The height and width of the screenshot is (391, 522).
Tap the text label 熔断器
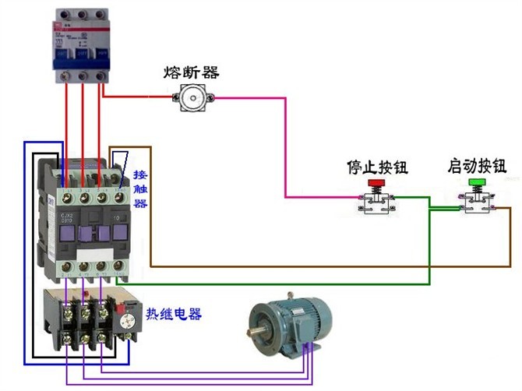(191, 72)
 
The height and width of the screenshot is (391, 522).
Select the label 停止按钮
(377, 167)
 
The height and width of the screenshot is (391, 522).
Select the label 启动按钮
(477, 166)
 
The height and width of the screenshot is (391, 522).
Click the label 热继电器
(173, 315)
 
